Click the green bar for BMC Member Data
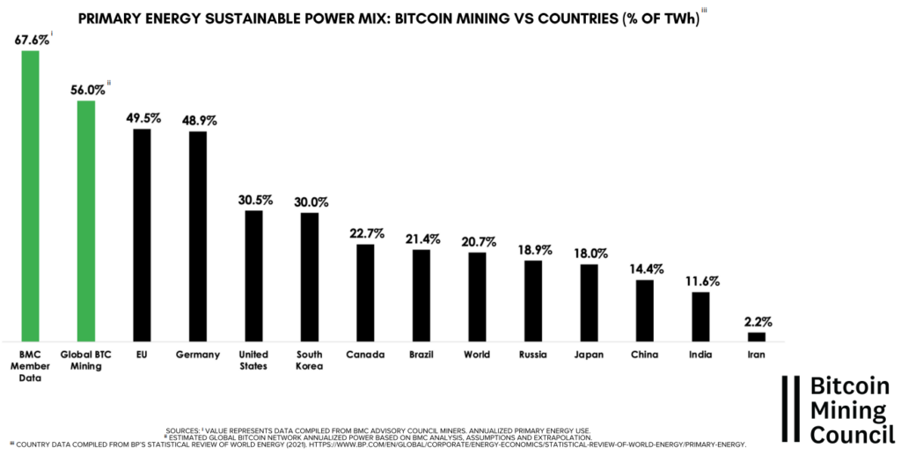click(x=30, y=195)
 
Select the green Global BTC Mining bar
click(x=86, y=220)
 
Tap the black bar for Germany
click(x=198, y=236)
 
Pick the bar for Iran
click(x=757, y=336)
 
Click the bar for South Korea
click(x=309, y=276)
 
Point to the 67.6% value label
click(x=30, y=39)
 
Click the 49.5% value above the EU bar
click(x=142, y=117)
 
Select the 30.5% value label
click(x=254, y=199)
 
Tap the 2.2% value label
click(x=757, y=321)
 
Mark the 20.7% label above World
click(x=477, y=241)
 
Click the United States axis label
click(x=253, y=361)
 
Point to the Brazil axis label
click(x=421, y=356)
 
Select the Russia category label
click(x=533, y=356)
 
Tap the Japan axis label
click(x=589, y=356)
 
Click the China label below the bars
click(x=645, y=356)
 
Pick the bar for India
click(x=700, y=316)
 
